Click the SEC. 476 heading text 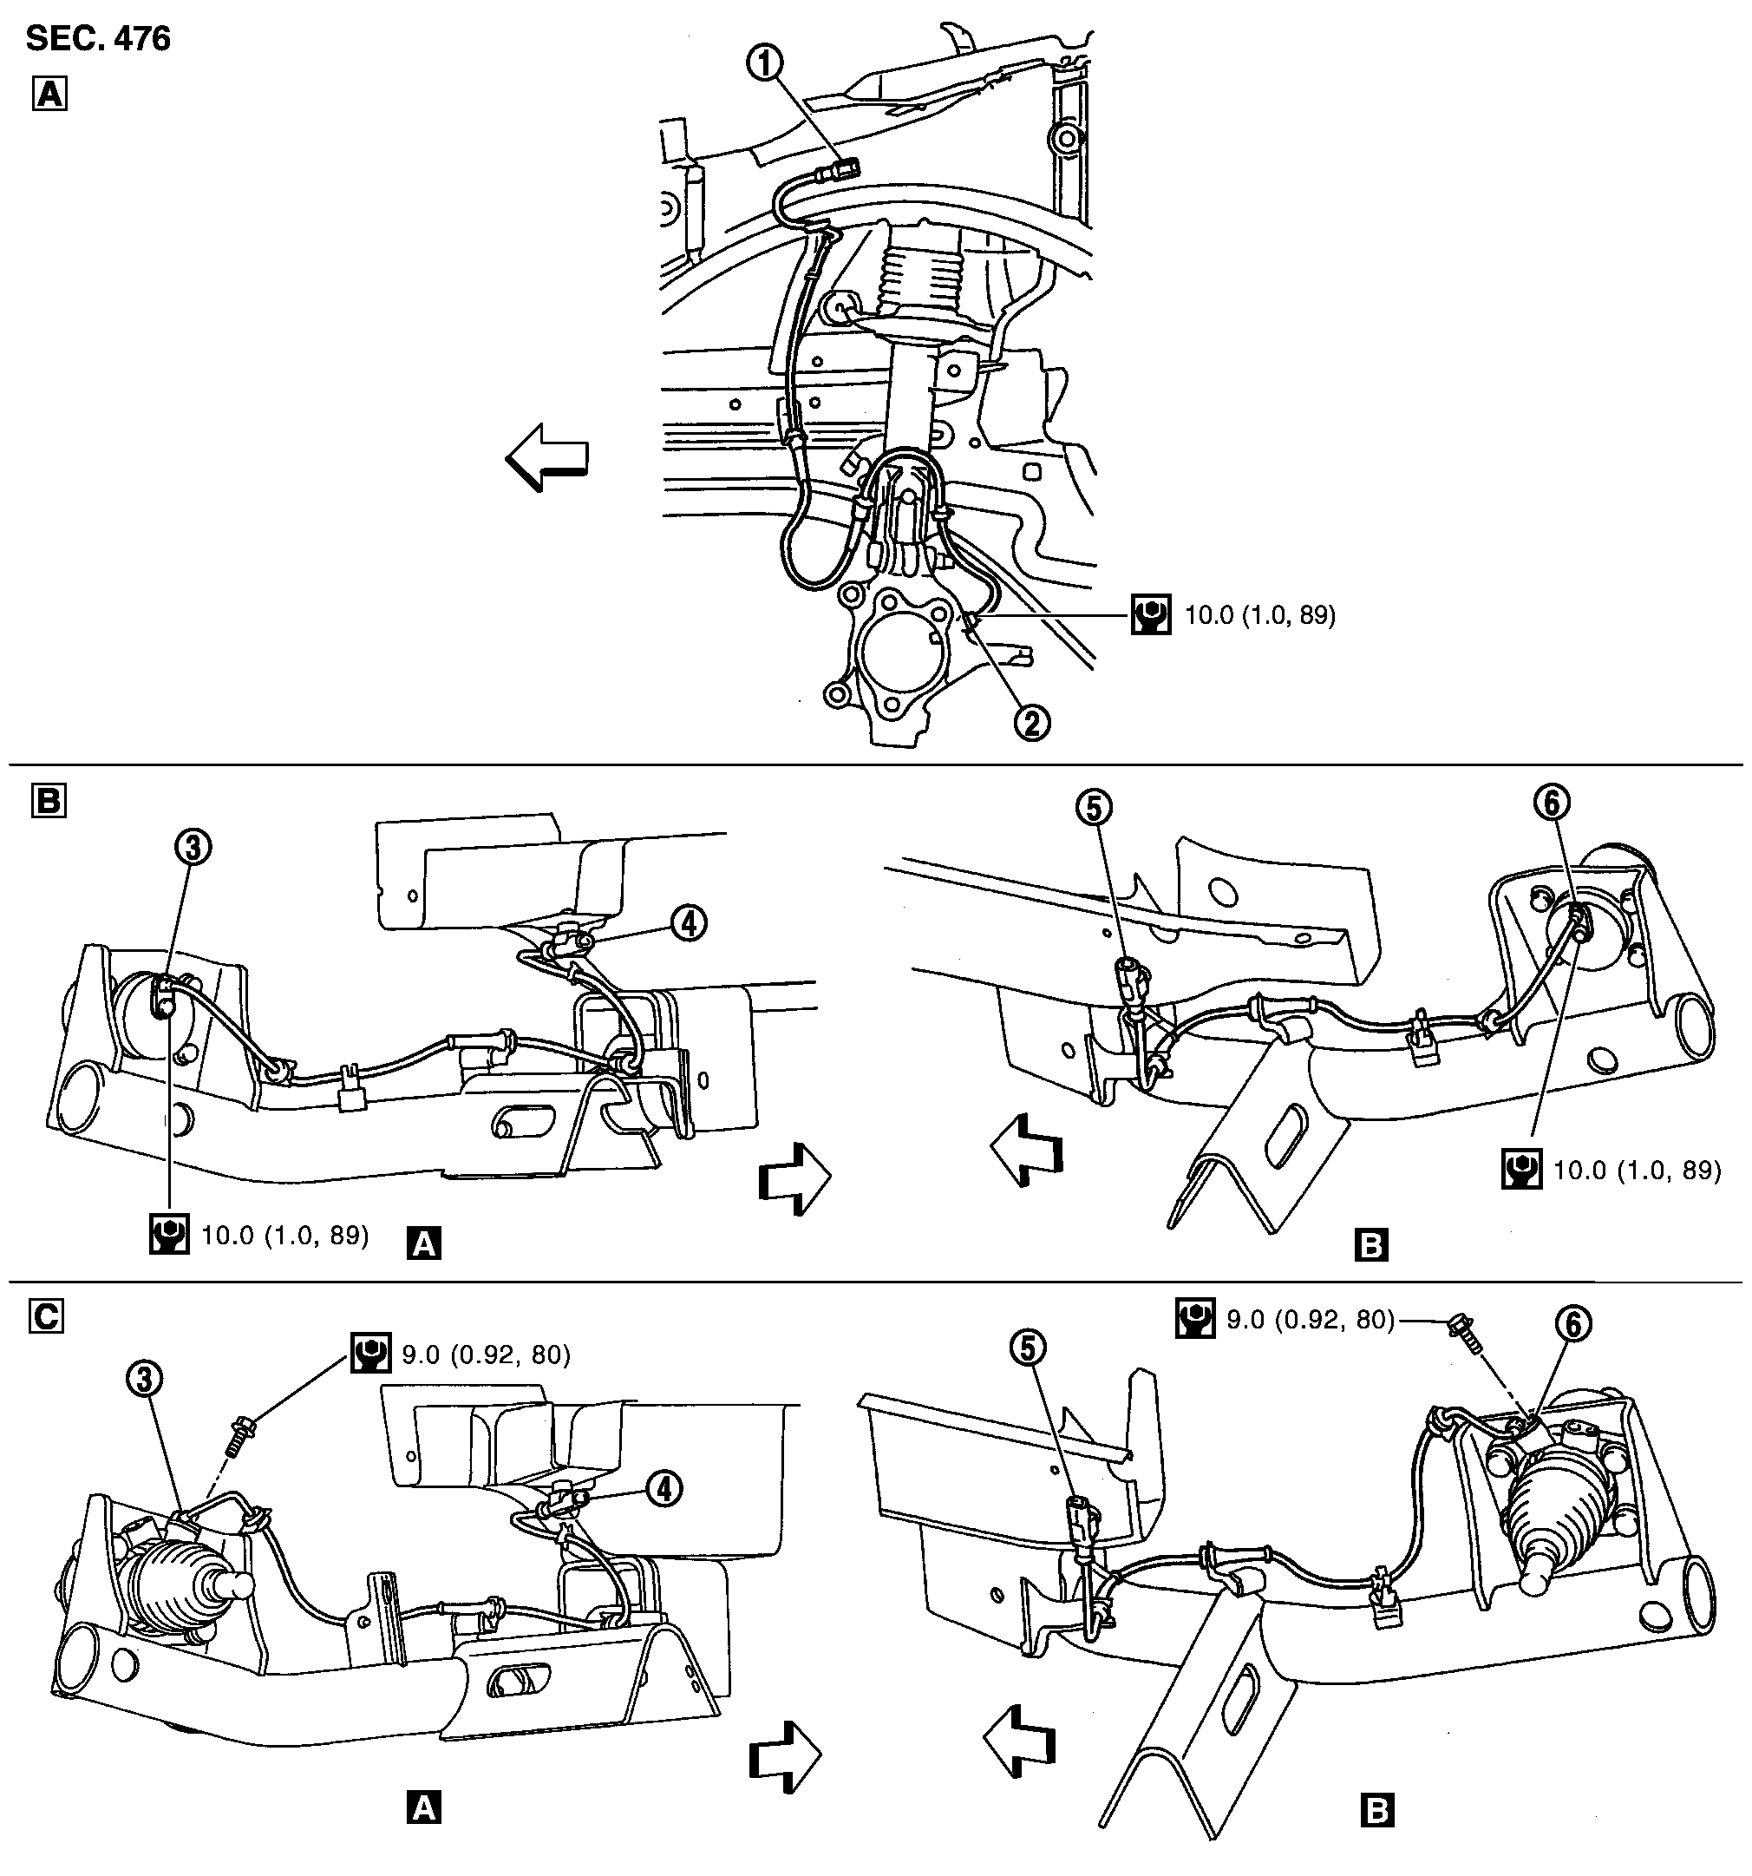coord(98,39)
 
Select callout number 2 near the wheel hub coord(1031,723)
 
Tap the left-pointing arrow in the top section coord(547,456)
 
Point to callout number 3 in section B coord(193,848)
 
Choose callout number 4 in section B coord(689,923)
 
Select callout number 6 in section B coord(1552,802)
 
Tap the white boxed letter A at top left coord(50,95)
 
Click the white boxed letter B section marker coord(49,801)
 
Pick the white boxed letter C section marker coord(46,1316)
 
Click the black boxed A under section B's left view coord(423,1244)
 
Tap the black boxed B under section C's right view coord(1376,1810)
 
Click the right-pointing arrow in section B coord(794,1177)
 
